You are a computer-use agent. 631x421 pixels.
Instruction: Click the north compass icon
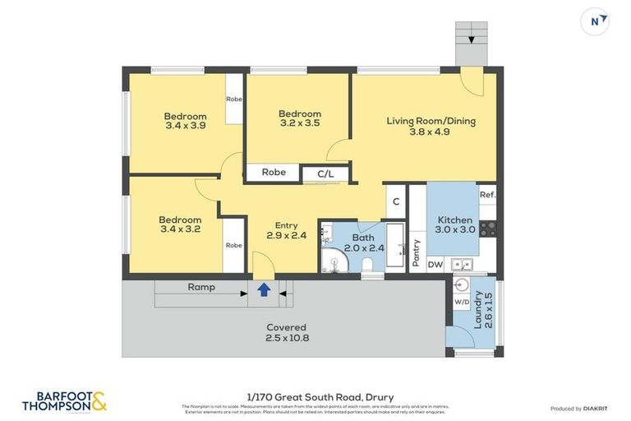coord(594,21)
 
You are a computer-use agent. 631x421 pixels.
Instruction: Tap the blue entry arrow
coord(264,289)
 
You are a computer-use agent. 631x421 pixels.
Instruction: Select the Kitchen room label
coord(454,220)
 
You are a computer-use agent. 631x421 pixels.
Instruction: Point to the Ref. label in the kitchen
coord(487,195)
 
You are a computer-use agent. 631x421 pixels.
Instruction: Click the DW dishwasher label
coord(435,264)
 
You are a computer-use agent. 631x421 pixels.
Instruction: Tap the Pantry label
coord(417,252)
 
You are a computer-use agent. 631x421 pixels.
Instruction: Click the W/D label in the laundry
coord(461,302)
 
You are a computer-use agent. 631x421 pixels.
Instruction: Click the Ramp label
coord(201,287)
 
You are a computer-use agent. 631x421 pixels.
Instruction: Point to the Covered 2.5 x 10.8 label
coord(286,332)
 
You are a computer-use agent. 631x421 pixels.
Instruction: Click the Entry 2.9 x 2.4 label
coord(287,230)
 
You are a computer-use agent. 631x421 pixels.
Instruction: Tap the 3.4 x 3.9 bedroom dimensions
coord(185,126)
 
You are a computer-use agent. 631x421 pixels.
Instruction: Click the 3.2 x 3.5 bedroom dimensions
coord(299,123)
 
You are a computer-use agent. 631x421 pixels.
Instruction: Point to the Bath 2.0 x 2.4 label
coord(362,243)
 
